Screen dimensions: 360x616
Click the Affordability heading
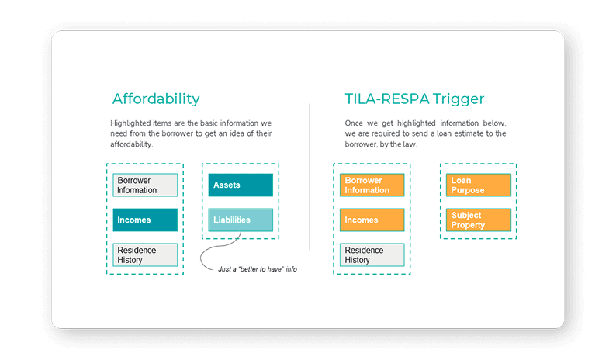pos(156,99)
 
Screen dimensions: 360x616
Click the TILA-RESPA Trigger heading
pos(414,99)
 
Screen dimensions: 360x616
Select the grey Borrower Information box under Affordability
pos(145,185)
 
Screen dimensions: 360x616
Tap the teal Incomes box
pos(145,220)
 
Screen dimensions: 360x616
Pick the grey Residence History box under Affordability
pos(145,255)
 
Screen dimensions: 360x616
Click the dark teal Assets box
pos(241,185)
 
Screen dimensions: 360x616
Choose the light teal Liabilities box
pos(241,220)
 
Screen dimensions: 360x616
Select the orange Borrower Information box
pos(372,185)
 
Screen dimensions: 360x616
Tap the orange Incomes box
pos(372,220)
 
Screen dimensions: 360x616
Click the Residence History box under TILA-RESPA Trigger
pos(372,255)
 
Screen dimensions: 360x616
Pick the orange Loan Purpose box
pos(478,185)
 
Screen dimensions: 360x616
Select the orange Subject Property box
pos(478,220)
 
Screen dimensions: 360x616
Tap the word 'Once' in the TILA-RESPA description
pos(354,123)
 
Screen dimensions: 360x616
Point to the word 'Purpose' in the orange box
pos(468,190)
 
